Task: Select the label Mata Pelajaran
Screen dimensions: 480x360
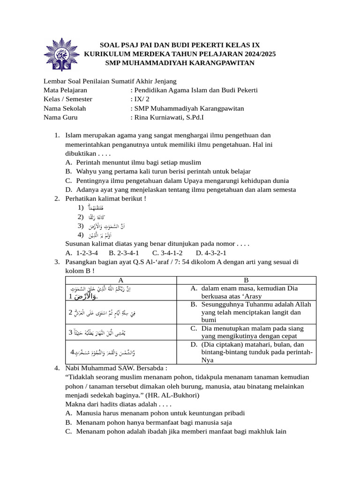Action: point(65,90)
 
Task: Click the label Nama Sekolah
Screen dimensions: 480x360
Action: point(65,108)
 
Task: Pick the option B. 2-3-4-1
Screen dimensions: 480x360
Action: point(124,253)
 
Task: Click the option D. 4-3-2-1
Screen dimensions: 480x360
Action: point(211,253)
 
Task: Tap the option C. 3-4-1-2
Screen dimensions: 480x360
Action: point(167,253)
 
